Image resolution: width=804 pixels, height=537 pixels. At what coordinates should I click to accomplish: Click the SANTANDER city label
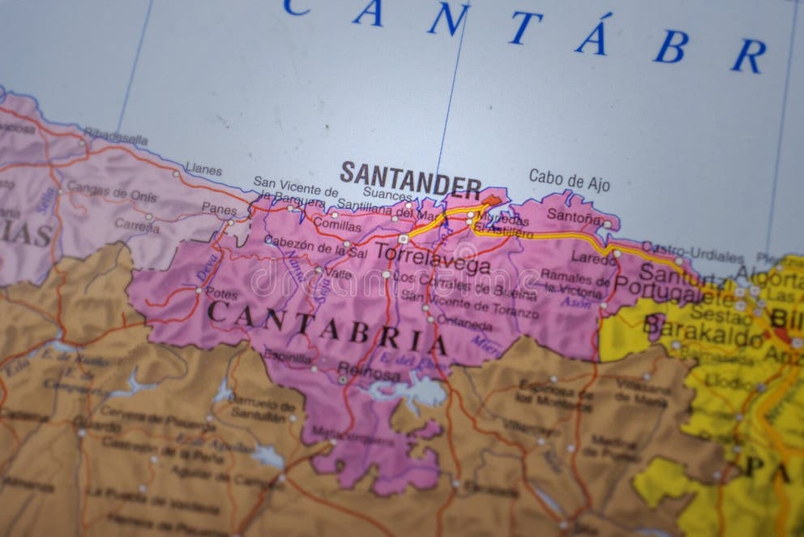[410, 179]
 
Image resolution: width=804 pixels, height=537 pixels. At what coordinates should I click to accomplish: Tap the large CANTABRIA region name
[327, 327]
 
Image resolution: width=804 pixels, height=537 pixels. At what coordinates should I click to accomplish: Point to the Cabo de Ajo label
[569, 179]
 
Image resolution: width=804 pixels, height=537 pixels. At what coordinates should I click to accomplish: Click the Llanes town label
[203, 169]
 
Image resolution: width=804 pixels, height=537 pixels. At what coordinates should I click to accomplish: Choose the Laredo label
[593, 257]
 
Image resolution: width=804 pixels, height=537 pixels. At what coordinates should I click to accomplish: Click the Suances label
[387, 195]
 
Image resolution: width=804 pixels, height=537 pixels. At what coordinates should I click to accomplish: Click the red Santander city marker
[492, 199]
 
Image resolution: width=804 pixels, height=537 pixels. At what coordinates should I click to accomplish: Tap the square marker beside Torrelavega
[403, 239]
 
